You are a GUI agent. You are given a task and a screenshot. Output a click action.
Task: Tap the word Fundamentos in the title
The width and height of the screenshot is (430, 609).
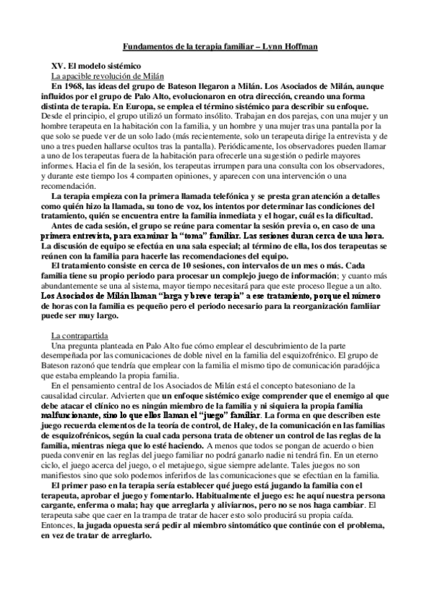point(147,46)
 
